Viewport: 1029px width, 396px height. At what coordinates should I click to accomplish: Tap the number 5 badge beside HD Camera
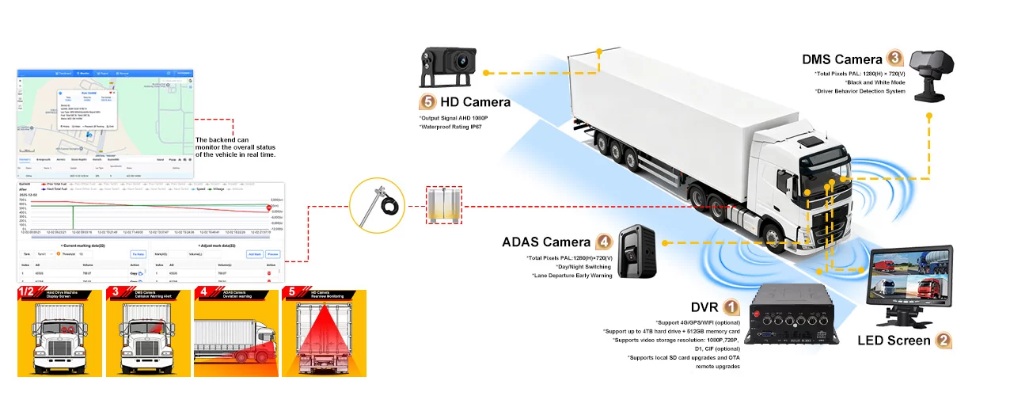pyautogui.click(x=428, y=102)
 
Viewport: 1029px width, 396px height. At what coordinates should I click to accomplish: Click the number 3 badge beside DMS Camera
pyautogui.click(x=894, y=58)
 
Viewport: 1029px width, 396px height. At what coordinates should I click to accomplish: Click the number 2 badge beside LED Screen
pyautogui.click(x=943, y=341)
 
